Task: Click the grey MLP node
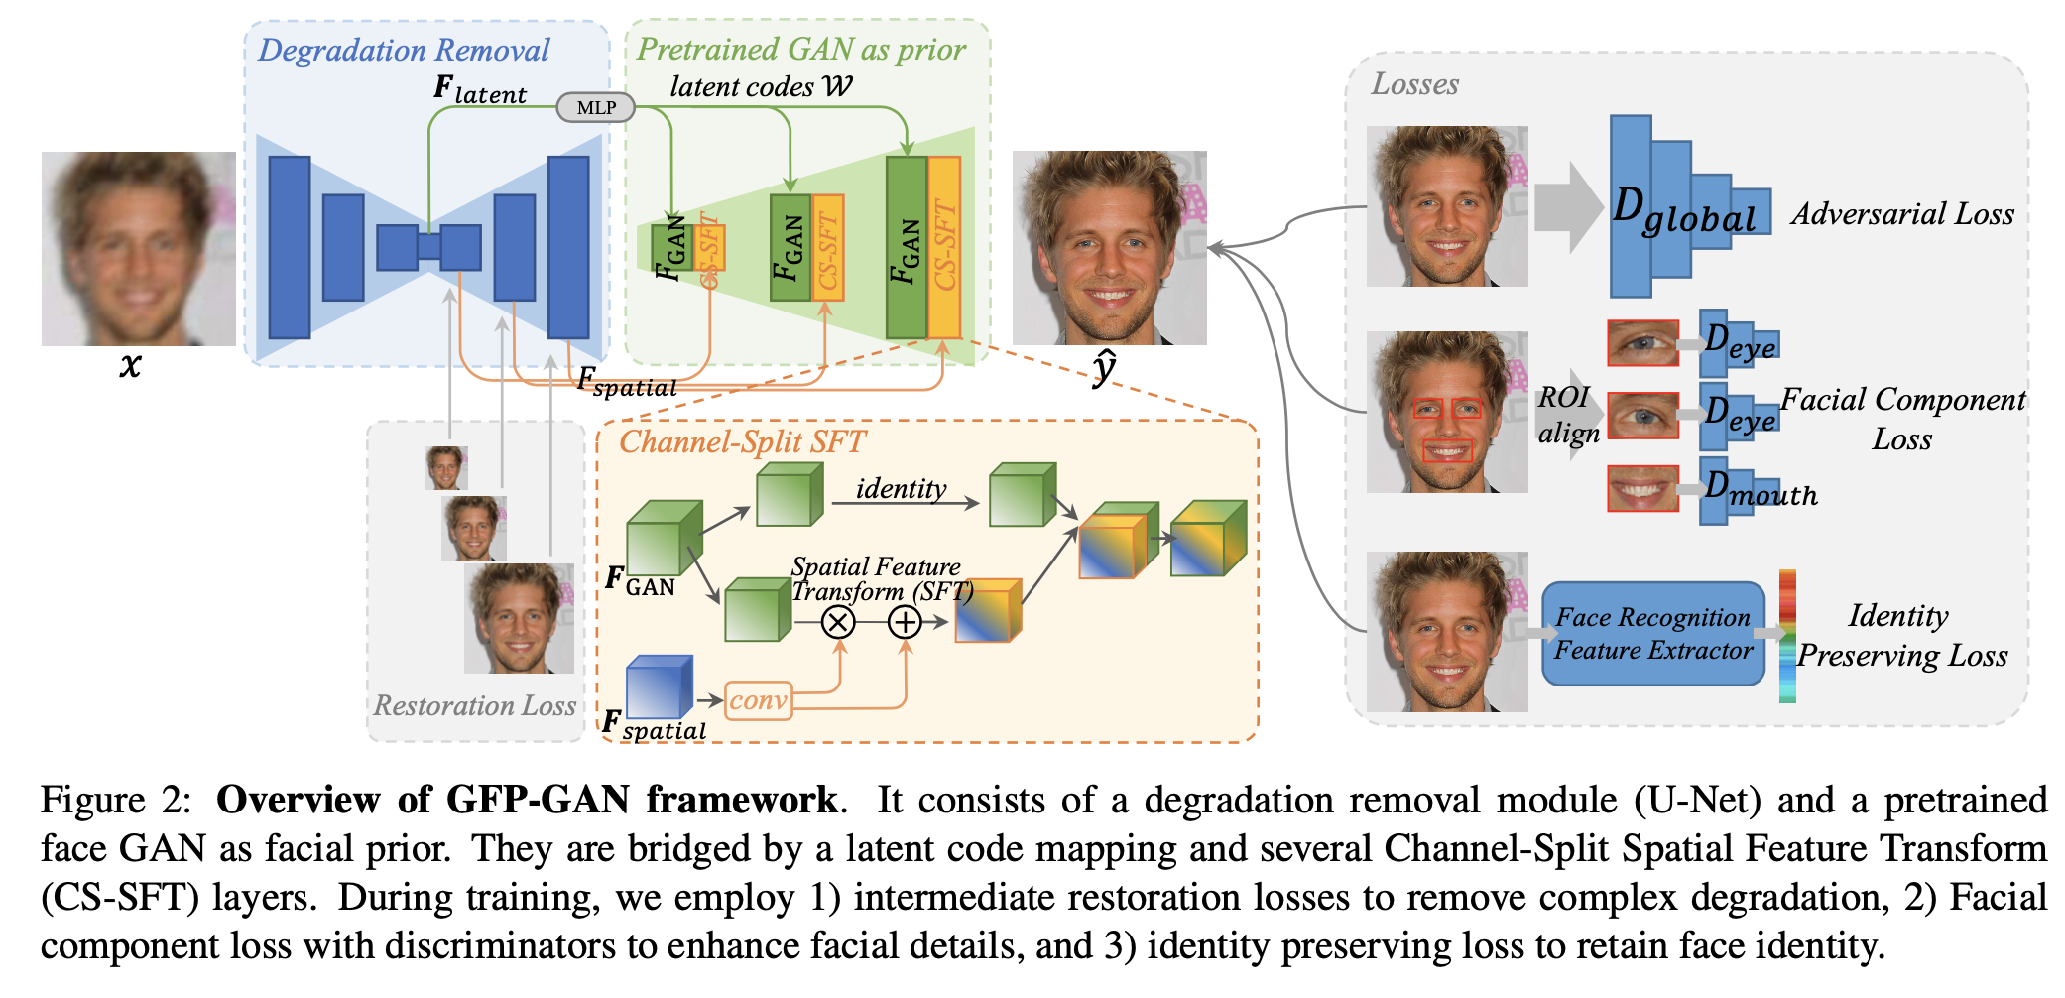coord(595,107)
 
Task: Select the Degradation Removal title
coord(404,50)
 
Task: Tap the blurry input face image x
coord(138,248)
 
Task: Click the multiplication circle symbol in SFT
coord(838,623)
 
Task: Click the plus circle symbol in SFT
coord(905,623)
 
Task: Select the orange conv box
coord(759,700)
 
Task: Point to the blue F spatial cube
coord(659,686)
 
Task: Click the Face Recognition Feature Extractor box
coord(1652,634)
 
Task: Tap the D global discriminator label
coord(1683,211)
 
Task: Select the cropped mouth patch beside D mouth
coord(1642,488)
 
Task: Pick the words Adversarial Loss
coord(1902,213)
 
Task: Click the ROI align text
coord(1567,415)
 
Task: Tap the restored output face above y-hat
coord(1109,248)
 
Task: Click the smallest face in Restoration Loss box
coord(446,467)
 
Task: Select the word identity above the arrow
coord(901,488)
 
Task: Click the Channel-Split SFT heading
coord(742,441)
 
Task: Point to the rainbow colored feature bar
coord(1787,635)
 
